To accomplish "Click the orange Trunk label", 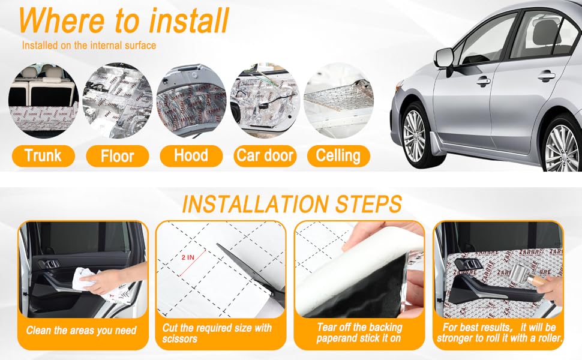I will (43, 156).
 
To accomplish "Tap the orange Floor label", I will (117, 157).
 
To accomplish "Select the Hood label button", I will (191, 156).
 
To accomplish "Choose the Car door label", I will (265, 156).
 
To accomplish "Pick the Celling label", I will (338, 156).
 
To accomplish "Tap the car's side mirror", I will (443, 58).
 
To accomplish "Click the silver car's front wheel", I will (415, 135).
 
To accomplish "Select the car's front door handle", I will (484, 80).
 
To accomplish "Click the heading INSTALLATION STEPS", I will (292, 204).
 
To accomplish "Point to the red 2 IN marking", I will (188, 256).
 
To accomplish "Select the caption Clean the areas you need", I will (82, 330).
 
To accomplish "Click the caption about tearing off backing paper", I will (359, 332).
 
